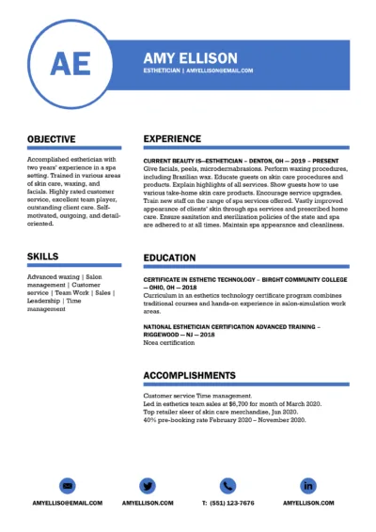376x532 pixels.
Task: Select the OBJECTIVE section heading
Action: pos(52,139)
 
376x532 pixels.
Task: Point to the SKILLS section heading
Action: pos(42,256)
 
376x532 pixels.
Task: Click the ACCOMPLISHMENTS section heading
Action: pos(194,375)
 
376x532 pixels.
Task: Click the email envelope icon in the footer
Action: pos(68,485)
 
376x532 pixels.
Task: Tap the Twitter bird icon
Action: pos(148,485)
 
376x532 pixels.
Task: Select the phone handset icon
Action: pos(227,485)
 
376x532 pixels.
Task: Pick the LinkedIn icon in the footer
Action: pos(307,485)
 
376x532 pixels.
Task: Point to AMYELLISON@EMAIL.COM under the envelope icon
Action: pos(68,503)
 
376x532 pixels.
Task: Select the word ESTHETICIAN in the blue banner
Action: pos(163,70)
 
